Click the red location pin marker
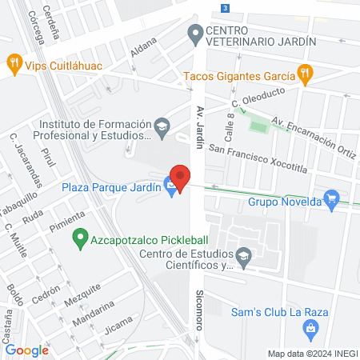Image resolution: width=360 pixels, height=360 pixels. pyautogui.click(x=180, y=177)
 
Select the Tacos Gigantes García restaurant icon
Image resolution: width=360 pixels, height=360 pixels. pyautogui.click(x=304, y=74)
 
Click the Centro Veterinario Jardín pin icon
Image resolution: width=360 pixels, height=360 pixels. pyautogui.click(x=194, y=34)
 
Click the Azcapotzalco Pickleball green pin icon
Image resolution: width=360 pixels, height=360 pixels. pyautogui.click(x=79, y=238)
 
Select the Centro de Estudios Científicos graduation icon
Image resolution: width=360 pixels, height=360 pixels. pyautogui.click(x=245, y=256)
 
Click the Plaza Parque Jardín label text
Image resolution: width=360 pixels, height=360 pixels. pyautogui.click(x=111, y=188)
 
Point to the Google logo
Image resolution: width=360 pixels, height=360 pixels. pyautogui.click(x=26, y=350)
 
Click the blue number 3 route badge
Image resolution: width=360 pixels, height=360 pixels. pyautogui.click(x=226, y=7)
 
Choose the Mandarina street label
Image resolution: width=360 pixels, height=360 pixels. pyautogui.click(x=96, y=314)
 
